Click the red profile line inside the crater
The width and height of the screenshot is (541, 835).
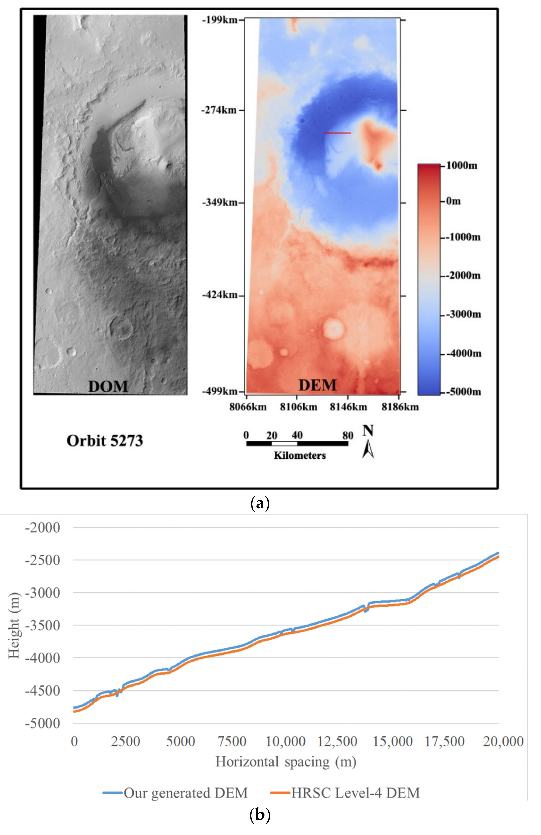pyautogui.click(x=337, y=133)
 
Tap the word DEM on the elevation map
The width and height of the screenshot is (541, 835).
pyautogui.click(x=317, y=385)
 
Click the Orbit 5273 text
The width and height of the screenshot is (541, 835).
pyautogui.click(x=104, y=441)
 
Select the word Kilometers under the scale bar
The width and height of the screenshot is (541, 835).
pyautogui.click(x=299, y=456)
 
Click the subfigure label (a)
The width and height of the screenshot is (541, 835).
pyautogui.click(x=260, y=504)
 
